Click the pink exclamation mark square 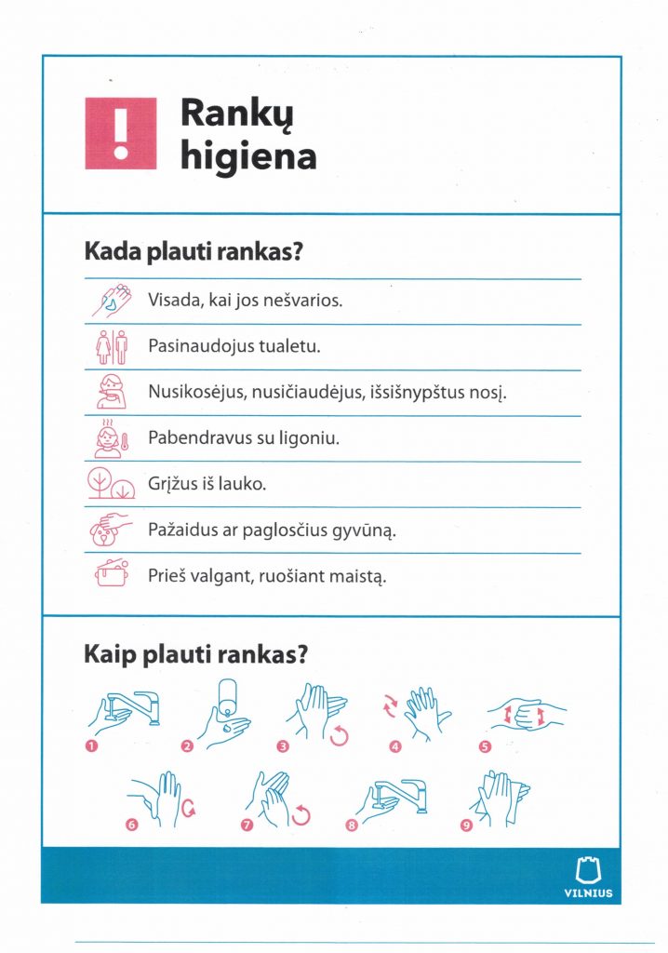(120, 133)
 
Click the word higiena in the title (247, 155)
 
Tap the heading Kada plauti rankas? (195, 252)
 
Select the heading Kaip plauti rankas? (195, 654)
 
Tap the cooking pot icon (112, 574)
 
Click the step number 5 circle (484, 745)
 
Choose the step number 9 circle (466, 824)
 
